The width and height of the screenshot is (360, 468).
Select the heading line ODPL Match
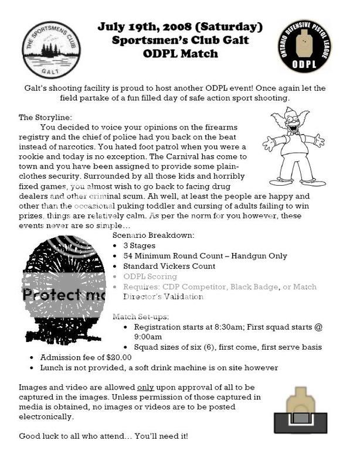[x=180, y=54]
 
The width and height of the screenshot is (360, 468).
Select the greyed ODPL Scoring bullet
[x=150, y=276]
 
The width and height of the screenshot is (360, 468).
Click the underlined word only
[x=145, y=388]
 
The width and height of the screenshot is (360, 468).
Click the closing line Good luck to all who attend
[x=103, y=436]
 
